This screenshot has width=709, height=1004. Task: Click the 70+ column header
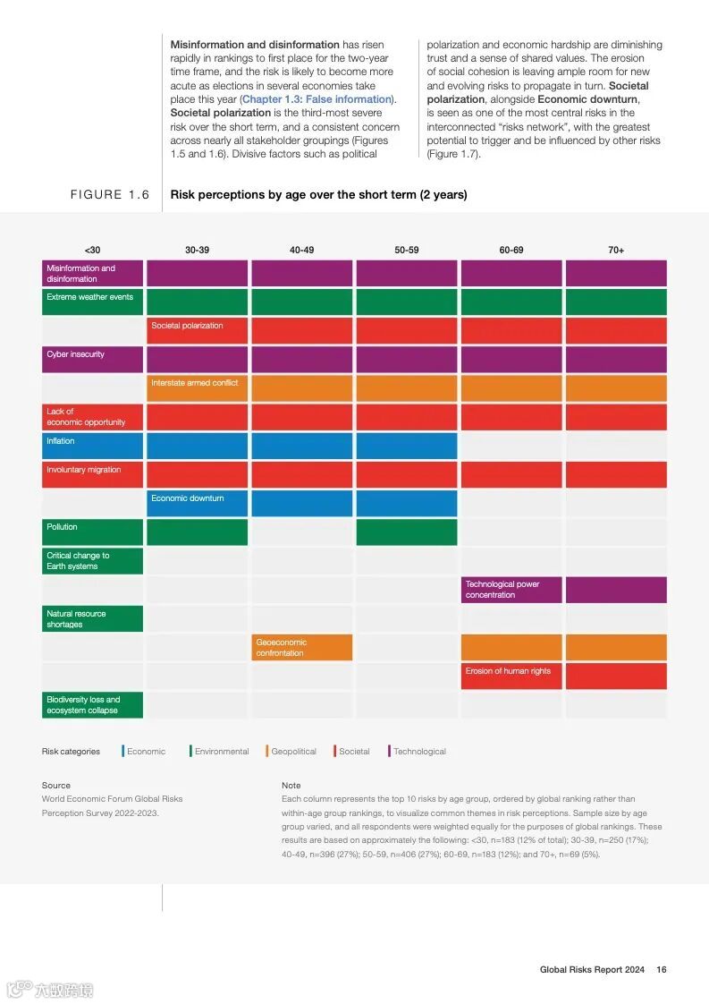pos(616,251)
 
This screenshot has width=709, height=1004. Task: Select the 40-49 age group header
pos(302,251)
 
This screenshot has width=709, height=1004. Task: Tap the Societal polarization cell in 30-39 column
pos(197,330)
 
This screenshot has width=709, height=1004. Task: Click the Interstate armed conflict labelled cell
pos(197,387)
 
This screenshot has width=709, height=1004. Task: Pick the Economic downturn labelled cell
pos(197,503)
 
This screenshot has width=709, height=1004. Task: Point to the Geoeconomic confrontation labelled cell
pos(302,647)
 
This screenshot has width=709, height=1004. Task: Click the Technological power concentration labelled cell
pos(511,590)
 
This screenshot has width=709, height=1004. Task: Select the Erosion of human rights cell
pos(511,676)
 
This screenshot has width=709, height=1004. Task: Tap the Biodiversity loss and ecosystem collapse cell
pos(92,705)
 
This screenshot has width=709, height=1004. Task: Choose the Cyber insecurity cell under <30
pos(92,359)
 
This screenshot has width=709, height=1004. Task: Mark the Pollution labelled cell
pos(92,532)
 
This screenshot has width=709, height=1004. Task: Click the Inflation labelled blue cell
pos(92,446)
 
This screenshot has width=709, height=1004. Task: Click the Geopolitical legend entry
pos(293,752)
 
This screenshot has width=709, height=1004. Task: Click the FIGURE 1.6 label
pos(110,195)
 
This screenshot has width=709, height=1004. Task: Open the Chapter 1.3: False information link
pos(317,99)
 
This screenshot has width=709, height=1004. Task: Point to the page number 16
pos(662,969)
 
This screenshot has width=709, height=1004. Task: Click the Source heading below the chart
pos(56,786)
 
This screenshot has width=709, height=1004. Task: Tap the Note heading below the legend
pos(291,786)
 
